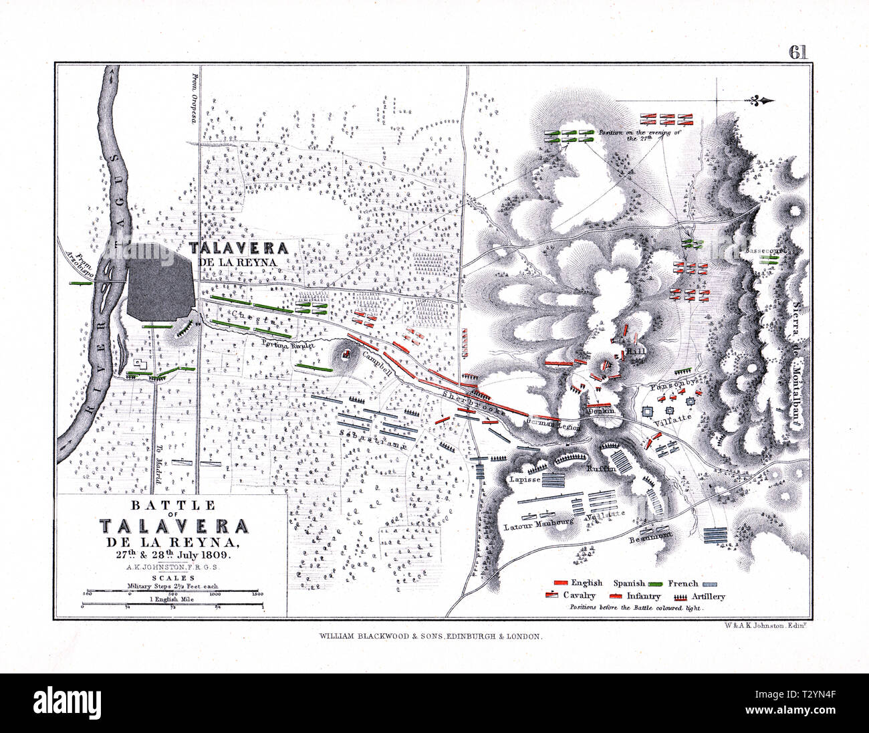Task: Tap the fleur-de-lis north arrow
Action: tap(761, 101)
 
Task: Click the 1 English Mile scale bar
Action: tap(172, 606)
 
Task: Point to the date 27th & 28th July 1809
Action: tap(172, 553)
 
